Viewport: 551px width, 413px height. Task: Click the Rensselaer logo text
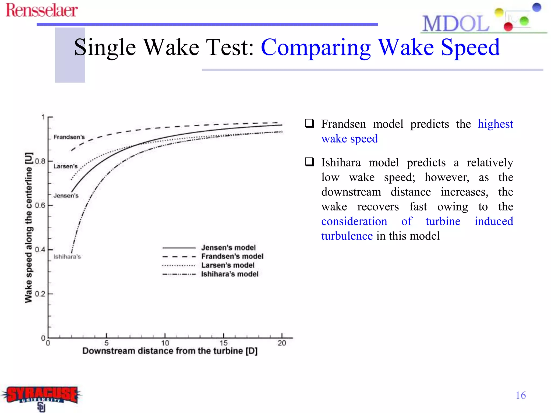[x=42, y=11]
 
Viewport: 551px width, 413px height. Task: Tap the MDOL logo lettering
[x=455, y=24]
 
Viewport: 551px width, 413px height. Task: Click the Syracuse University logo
[x=42, y=397]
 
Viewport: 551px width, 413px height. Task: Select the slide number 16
[x=521, y=395]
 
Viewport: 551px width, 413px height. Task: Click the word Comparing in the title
[x=316, y=48]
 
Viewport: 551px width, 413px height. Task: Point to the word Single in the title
[x=105, y=48]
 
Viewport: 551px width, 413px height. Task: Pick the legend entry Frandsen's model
[x=232, y=256]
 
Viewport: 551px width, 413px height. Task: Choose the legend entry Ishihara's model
[x=230, y=274]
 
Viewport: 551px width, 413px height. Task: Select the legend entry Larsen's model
[x=228, y=265]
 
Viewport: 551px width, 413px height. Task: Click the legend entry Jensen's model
[x=228, y=247]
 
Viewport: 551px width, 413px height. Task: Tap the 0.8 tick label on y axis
[x=40, y=161]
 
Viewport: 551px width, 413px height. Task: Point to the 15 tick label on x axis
[x=224, y=343]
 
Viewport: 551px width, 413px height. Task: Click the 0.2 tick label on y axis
[x=40, y=294]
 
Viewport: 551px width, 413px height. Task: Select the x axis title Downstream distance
[x=170, y=351]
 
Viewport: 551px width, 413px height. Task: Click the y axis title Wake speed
[x=29, y=227]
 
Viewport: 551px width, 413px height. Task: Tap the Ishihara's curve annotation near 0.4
[x=67, y=257]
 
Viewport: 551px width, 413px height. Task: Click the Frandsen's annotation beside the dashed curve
[x=69, y=137]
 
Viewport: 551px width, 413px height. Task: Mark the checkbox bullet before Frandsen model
[x=309, y=123]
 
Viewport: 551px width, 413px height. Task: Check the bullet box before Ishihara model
[x=309, y=162]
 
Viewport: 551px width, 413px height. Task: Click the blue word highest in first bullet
[x=495, y=124]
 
